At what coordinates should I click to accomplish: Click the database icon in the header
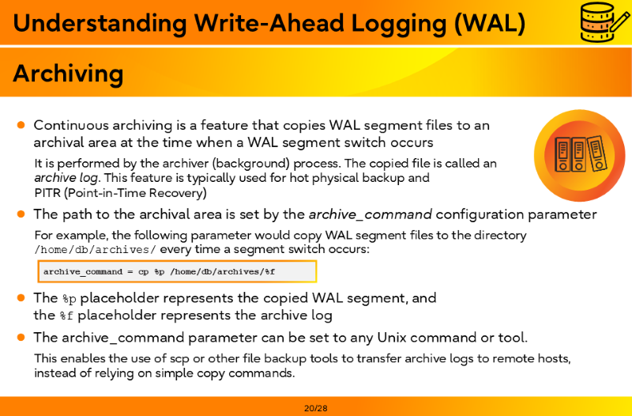point(604,22)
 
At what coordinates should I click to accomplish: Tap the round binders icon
point(580,155)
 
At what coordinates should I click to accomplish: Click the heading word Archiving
point(68,74)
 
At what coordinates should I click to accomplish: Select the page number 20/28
point(316,408)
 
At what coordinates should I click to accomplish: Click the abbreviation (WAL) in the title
point(490,23)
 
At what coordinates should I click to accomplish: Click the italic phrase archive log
point(66,178)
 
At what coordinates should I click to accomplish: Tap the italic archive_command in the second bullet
point(371,214)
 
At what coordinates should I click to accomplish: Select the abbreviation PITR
point(47,193)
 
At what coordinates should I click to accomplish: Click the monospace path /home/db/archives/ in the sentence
point(95,250)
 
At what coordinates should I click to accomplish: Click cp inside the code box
point(144,272)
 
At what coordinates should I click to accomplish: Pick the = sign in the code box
point(130,271)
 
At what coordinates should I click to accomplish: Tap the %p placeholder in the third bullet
point(70,299)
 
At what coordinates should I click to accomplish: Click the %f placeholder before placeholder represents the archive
point(66,316)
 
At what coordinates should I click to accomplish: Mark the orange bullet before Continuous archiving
point(21,125)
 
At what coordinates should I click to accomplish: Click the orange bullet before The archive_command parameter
point(21,337)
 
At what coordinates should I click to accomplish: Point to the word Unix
point(392,338)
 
